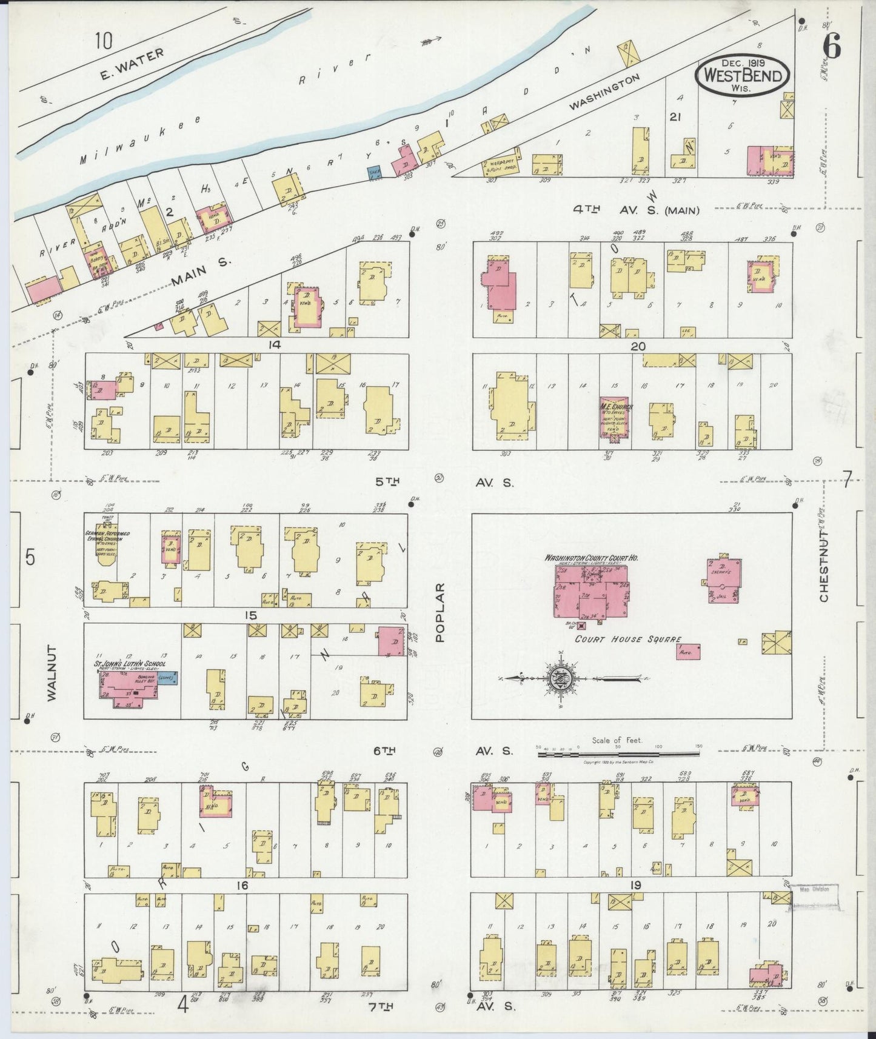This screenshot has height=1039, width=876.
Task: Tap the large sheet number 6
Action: pos(833,46)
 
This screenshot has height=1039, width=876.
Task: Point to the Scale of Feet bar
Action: pos(618,754)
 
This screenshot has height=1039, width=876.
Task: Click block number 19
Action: pos(635,885)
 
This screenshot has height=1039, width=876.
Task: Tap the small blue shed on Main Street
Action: pos(374,172)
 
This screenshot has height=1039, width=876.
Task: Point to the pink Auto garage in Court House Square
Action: pos(688,652)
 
